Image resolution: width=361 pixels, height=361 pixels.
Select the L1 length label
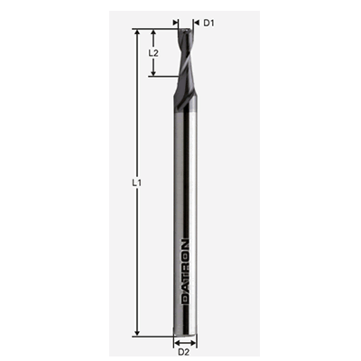[x=136, y=183]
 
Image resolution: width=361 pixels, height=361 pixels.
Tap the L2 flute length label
[x=153, y=53]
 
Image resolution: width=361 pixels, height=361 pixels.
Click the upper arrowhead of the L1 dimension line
[x=136, y=33]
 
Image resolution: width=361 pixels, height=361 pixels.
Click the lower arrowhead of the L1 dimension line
[x=136, y=330]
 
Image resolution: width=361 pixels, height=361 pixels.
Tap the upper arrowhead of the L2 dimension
[x=154, y=33]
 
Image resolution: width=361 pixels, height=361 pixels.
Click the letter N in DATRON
[x=185, y=243]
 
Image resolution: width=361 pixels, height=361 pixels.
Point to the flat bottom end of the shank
[x=185, y=331]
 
